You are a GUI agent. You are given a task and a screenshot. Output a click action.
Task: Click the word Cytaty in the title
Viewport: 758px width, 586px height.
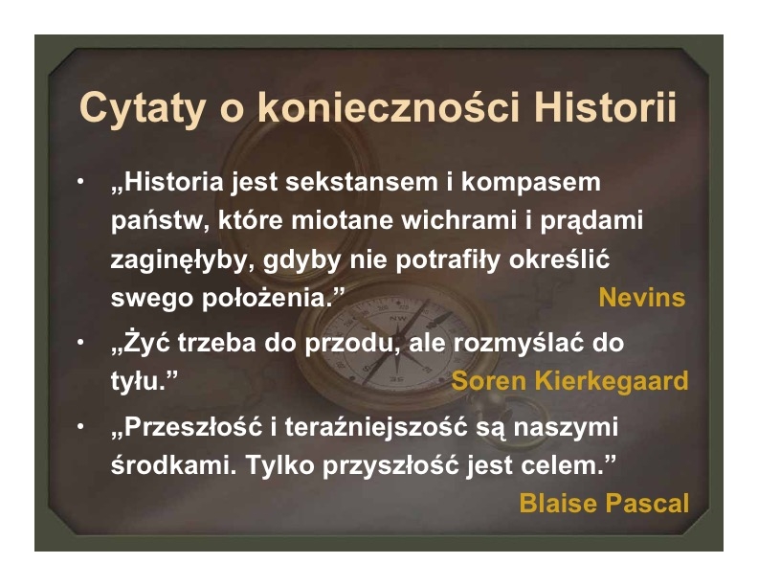(142, 109)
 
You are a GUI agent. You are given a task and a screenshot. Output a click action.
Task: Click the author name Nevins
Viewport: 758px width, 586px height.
(641, 297)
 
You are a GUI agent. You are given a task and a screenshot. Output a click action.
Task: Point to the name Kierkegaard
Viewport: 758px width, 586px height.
(612, 380)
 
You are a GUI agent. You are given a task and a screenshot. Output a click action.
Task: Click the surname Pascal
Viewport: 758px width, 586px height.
(647, 503)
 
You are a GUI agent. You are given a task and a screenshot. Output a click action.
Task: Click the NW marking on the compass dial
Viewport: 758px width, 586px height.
(397, 318)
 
